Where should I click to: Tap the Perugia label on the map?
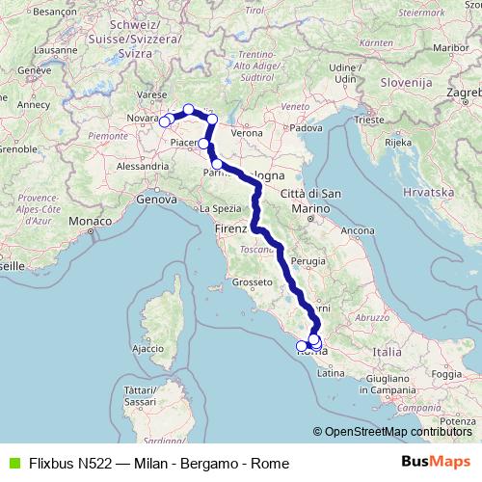[x=308, y=261]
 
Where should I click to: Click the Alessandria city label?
[x=137, y=166]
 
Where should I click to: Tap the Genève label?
[x=33, y=71]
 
